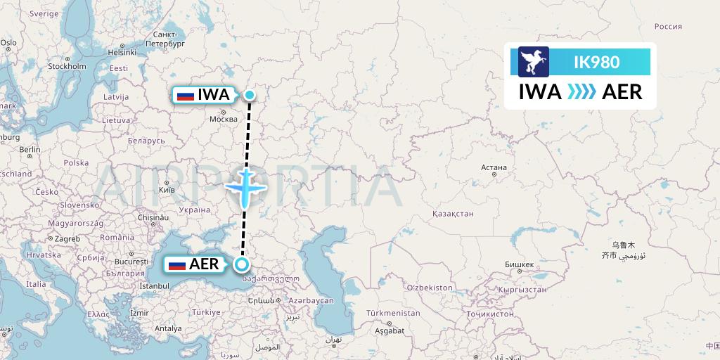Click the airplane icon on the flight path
(245, 186)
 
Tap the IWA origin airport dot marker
(250, 95)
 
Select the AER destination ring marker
(242, 264)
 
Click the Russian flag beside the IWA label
(186, 95)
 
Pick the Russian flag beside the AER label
(177, 265)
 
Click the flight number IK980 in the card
(597, 62)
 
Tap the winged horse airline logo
(533, 62)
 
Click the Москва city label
(224, 120)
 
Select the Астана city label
(494, 168)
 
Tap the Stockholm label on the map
(67, 67)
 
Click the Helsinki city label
(122, 51)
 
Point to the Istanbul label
(155, 286)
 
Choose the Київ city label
(167, 190)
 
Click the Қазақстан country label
(453, 213)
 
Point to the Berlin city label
(31, 150)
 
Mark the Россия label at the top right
(668, 27)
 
